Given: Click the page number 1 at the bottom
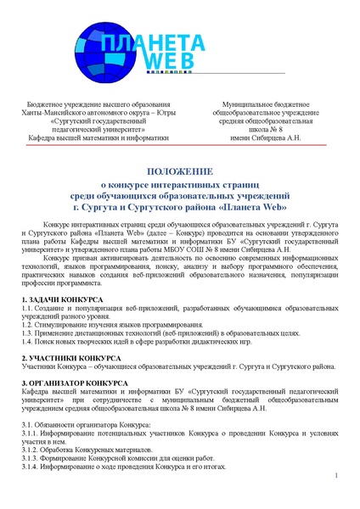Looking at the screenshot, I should click(336, 476).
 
